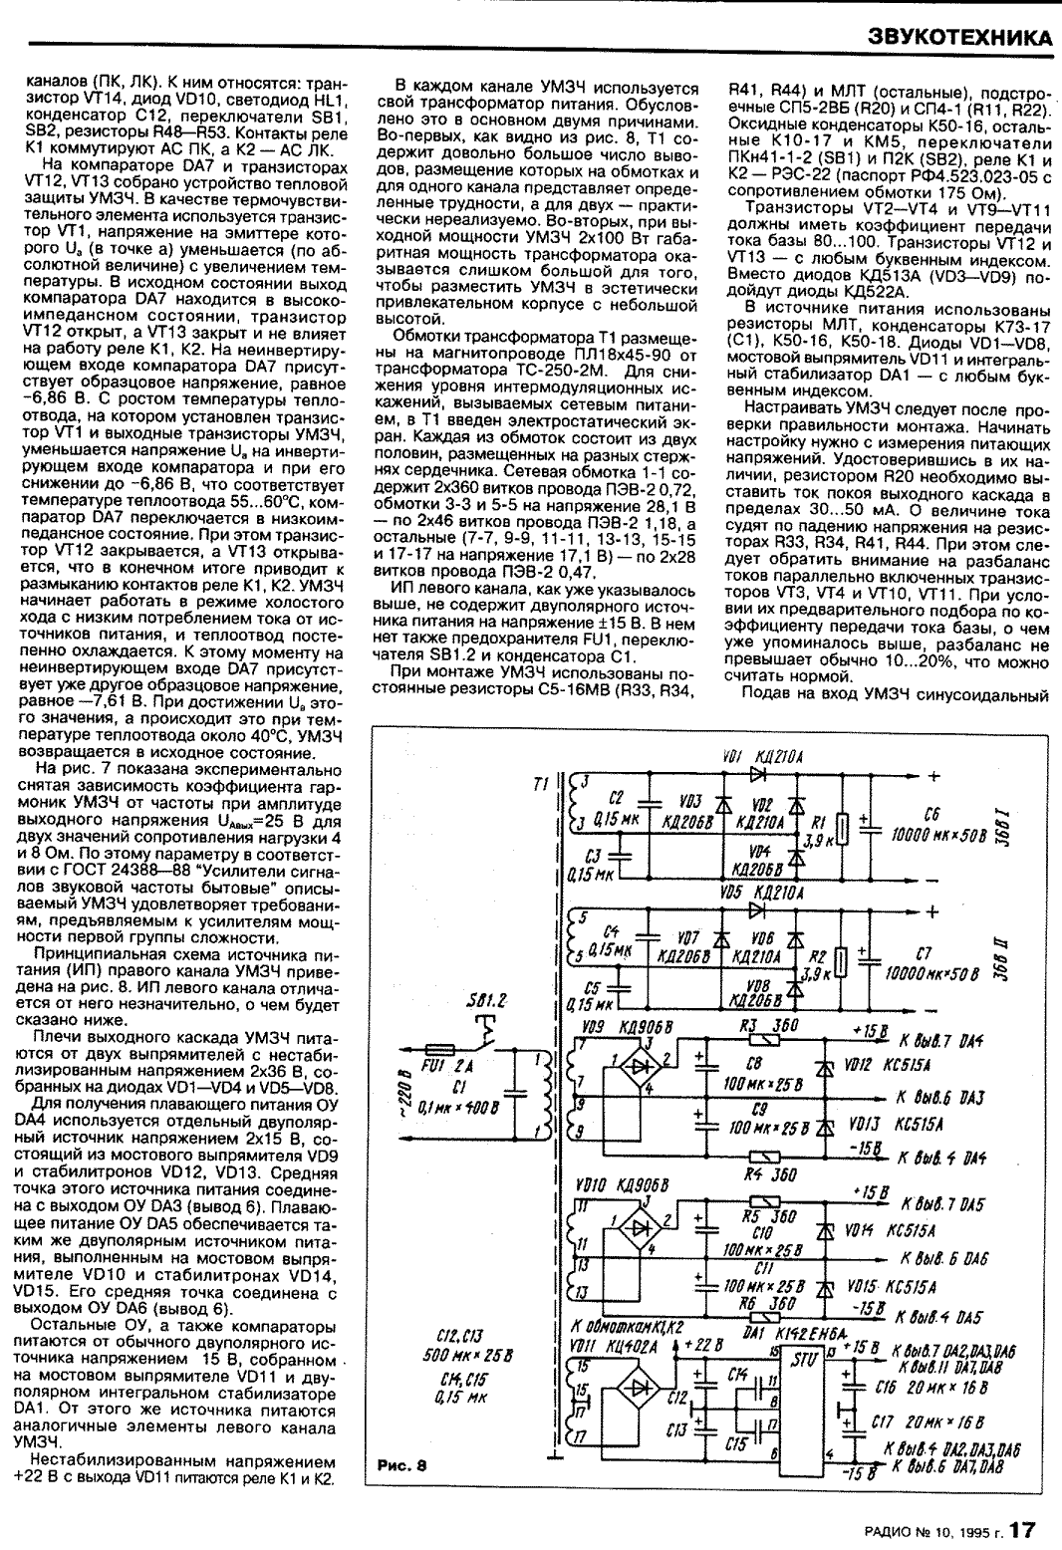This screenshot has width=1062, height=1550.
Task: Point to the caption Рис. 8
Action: pos(401,1465)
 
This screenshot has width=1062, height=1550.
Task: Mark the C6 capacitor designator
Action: pos(931,815)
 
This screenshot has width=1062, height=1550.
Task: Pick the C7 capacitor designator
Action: pos(924,953)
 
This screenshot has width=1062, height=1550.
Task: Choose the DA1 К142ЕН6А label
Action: pos(796,1333)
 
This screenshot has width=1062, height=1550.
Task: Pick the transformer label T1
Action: pos(541,784)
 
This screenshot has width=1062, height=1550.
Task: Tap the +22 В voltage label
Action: pos(703,1345)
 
